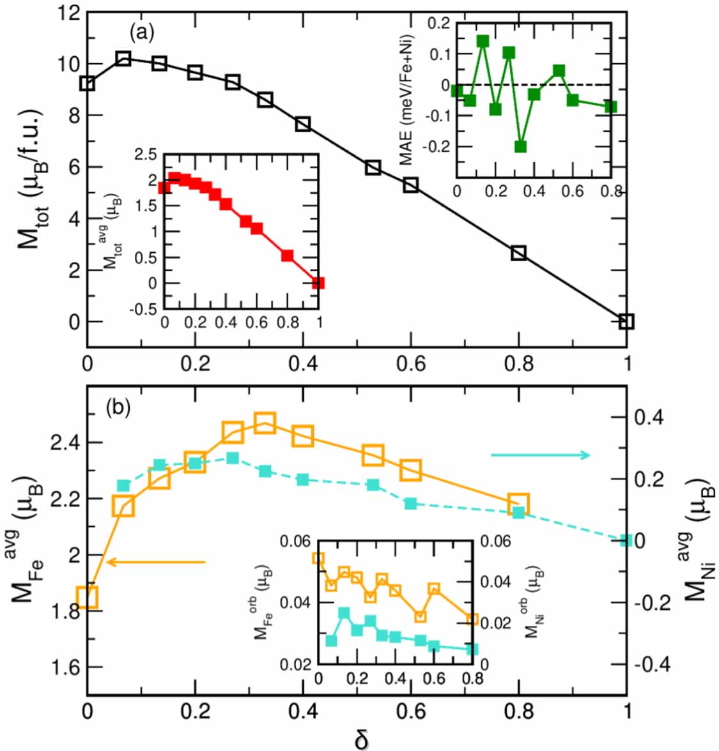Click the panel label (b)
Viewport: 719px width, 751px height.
(x=118, y=407)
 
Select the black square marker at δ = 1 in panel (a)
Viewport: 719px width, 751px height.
(x=626, y=321)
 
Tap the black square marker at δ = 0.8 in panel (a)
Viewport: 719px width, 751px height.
(x=518, y=253)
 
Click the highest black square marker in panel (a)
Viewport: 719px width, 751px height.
(x=123, y=59)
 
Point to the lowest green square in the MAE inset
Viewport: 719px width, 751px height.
(x=520, y=146)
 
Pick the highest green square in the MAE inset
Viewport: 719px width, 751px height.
(x=483, y=41)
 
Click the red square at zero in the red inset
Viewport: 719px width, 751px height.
(x=318, y=283)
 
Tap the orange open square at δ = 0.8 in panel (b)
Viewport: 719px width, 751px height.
(x=518, y=503)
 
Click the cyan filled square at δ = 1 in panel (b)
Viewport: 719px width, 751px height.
(x=626, y=541)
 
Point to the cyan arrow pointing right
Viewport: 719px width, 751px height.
(x=541, y=455)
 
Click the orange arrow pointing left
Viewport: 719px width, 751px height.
(x=156, y=562)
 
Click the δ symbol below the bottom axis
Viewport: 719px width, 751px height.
(x=361, y=739)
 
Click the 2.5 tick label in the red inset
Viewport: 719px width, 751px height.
(x=145, y=154)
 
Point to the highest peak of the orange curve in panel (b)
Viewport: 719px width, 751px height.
(x=265, y=423)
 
